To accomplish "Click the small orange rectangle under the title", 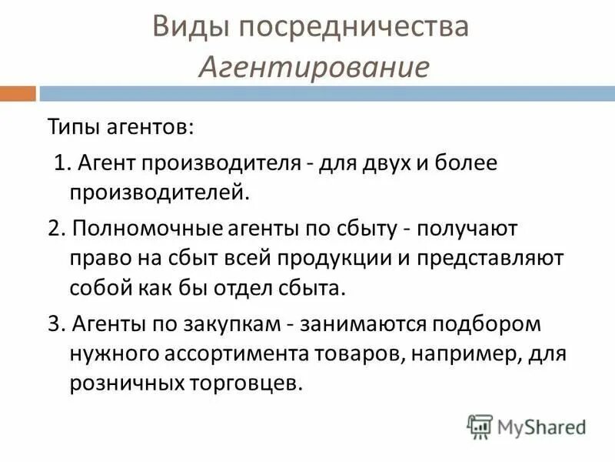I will [17, 94].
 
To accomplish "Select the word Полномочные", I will [141, 228].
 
